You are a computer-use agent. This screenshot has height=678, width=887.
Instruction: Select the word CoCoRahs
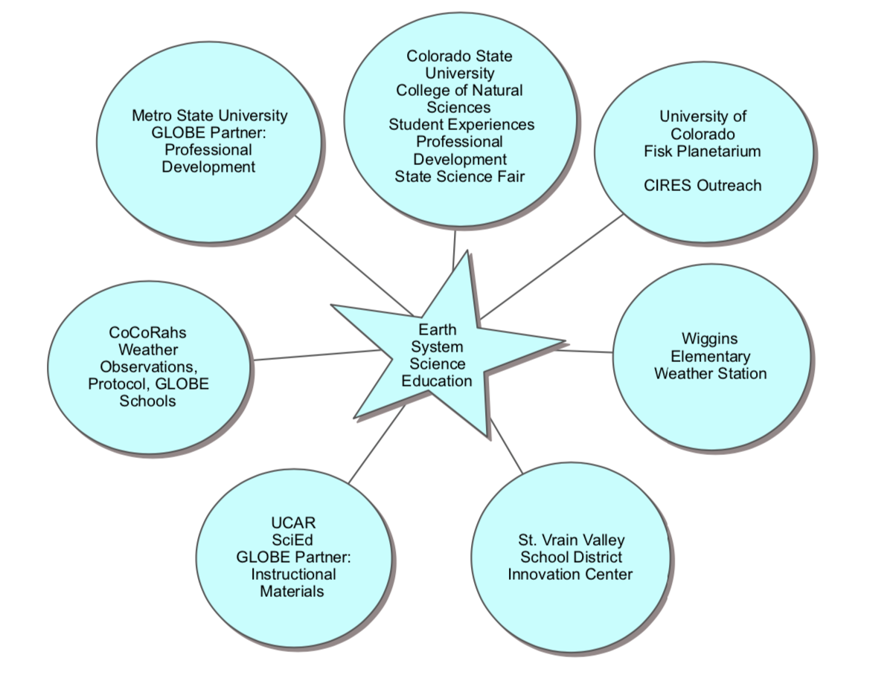[147, 332]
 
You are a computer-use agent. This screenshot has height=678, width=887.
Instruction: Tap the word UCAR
[293, 523]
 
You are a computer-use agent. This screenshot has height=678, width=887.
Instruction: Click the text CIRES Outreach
[702, 185]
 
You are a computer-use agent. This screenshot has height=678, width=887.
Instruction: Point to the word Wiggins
[710, 339]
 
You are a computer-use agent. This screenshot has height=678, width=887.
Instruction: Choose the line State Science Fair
[459, 176]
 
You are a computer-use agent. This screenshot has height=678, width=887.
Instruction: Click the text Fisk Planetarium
[702, 151]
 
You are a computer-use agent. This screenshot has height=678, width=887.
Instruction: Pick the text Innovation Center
[570, 574]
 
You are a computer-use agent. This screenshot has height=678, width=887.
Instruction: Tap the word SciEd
[293, 540]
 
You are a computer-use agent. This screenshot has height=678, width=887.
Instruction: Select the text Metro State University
[209, 115]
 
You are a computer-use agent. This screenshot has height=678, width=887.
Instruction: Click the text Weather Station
[710, 373]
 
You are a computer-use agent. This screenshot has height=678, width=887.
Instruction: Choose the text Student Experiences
[461, 124]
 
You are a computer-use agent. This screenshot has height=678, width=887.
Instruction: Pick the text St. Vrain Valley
[571, 540]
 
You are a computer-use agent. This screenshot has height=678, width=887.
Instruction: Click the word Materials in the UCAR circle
[292, 592]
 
